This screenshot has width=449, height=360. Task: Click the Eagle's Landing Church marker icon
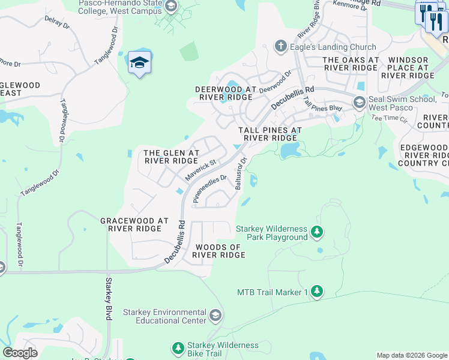pos(280,46)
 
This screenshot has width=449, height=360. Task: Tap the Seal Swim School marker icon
pos(360,103)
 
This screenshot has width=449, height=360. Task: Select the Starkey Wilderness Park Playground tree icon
pos(317,232)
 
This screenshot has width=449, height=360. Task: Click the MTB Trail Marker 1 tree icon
pos(317,292)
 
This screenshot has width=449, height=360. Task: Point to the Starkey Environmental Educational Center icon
pos(215,315)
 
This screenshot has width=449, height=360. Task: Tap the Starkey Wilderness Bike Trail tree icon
pos(178,348)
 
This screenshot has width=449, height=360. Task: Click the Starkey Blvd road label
pos(109,298)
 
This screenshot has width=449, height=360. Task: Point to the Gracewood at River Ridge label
pos(134,225)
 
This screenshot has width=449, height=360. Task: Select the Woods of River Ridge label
pos(218,251)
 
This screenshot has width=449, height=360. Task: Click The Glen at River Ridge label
pos(171,157)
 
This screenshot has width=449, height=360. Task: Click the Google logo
pos(20,353)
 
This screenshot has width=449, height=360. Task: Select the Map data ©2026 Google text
pos(411,355)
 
